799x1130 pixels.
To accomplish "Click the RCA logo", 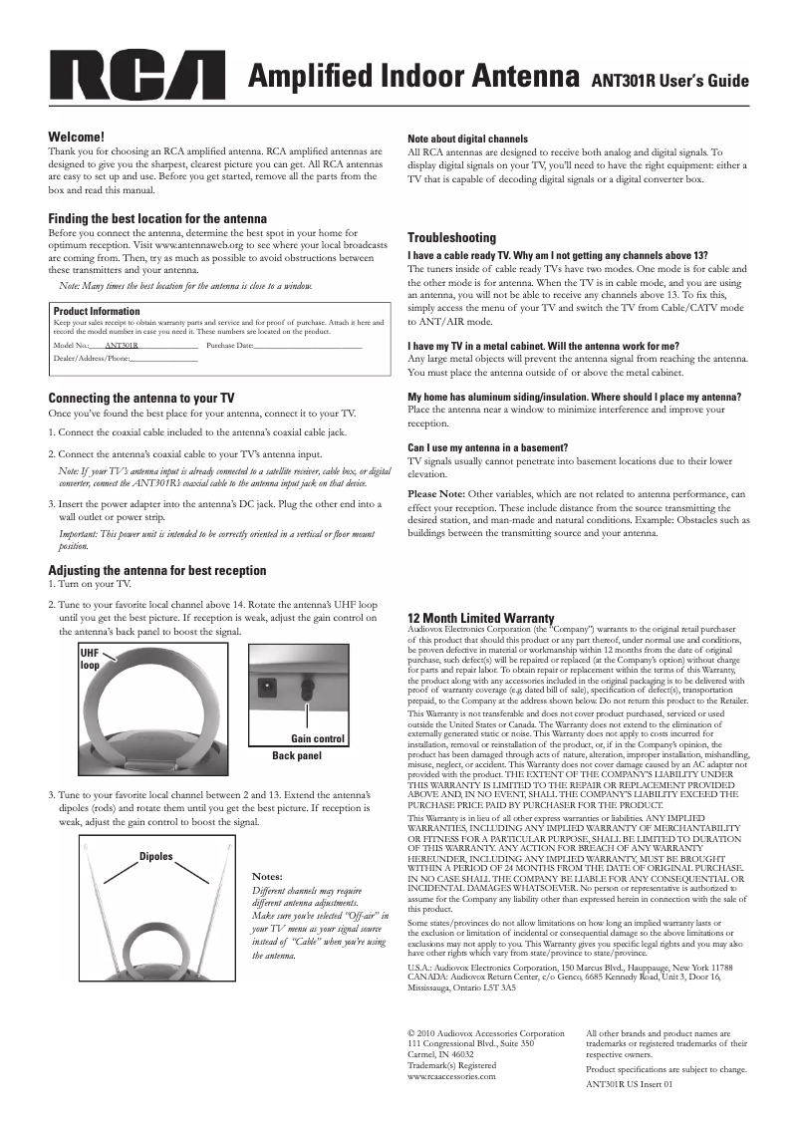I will (137, 77).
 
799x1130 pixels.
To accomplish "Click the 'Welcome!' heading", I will (77, 137).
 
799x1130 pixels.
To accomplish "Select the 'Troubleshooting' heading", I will (452, 238).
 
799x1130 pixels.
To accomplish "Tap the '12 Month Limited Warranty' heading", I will (481, 619).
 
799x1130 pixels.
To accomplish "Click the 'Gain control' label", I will (317, 739).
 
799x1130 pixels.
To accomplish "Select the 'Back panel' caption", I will (297, 756).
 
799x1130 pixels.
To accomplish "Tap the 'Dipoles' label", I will (155, 856).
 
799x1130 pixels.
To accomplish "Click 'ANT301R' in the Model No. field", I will (122, 345).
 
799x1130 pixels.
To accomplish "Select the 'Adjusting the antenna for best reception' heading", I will (157, 571).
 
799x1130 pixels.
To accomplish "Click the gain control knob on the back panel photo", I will (308, 687).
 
